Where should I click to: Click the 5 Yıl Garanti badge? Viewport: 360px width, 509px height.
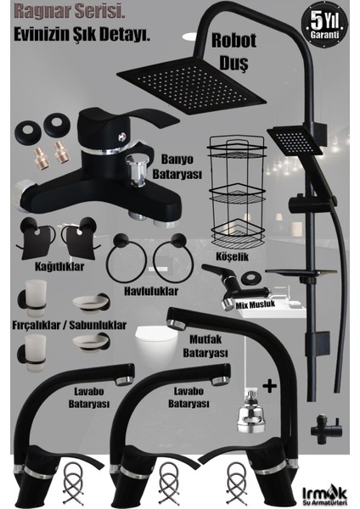(324, 25)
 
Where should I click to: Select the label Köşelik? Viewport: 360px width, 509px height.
(232, 256)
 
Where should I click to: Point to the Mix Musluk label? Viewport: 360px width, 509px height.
(256, 305)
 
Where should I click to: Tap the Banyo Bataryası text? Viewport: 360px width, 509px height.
(177, 167)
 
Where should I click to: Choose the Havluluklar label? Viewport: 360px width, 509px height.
(151, 291)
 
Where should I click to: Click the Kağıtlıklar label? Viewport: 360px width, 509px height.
(59, 267)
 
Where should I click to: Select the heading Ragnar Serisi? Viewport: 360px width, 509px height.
(70, 13)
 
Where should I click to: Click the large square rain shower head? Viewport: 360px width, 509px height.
(192, 85)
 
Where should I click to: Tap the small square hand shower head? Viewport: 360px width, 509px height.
(295, 140)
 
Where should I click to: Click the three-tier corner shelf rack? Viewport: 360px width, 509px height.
(237, 193)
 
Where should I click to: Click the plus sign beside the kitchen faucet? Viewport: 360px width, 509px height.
(270, 386)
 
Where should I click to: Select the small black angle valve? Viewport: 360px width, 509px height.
(325, 428)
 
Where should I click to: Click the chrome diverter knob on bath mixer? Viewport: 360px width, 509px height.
(138, 168)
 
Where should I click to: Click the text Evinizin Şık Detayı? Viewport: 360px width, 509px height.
(82, 35)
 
